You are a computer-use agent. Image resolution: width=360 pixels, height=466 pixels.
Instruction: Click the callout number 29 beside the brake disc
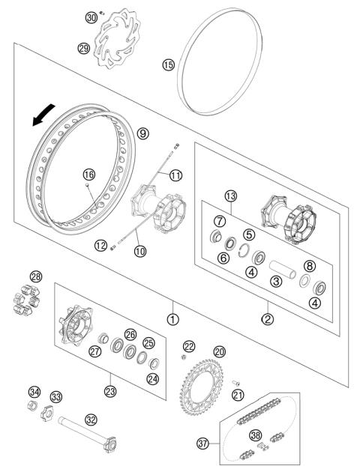(83, 49)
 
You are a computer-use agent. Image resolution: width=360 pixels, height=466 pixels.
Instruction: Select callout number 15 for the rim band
(169, 65)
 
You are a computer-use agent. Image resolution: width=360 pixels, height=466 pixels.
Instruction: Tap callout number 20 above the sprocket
(219, 351)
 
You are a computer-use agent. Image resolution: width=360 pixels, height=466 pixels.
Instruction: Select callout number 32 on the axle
(91, 420)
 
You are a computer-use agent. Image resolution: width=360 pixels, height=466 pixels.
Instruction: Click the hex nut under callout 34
(33, 407)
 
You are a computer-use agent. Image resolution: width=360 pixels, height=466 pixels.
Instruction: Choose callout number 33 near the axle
(56, 396)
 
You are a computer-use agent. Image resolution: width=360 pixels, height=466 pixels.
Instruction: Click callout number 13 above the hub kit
(231, 196)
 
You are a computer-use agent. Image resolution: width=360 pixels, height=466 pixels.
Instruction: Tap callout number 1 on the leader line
(173, 318)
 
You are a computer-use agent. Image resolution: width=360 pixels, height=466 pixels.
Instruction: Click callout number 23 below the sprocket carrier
(111, 390)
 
